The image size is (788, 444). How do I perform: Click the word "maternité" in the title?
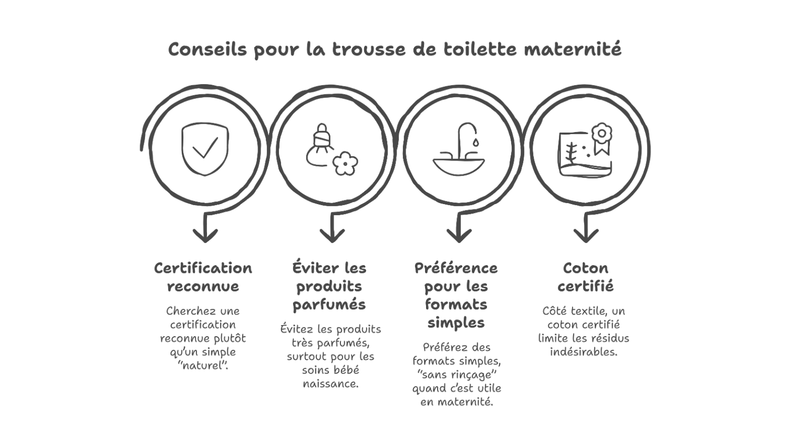point(573,49)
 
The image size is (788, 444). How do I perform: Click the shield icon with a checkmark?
point(205,149)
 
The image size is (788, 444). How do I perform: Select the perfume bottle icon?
point(319,145)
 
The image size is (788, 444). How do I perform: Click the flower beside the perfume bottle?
point(345,164)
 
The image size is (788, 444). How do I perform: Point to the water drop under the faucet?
point(475,143)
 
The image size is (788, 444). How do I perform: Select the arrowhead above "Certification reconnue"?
point(205,235)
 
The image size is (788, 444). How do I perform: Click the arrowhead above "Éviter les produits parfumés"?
point(332,235)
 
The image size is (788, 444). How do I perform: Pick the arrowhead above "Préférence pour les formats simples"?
point(459,235)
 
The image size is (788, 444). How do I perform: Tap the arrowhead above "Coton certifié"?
point(586,235)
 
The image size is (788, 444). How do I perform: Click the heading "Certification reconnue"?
point(203,277)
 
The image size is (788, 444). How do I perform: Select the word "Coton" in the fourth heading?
point(586,268)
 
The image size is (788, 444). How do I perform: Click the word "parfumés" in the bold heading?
point(329,305)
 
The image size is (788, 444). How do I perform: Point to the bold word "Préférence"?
point(456,268)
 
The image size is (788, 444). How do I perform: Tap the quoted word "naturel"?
point(203,366)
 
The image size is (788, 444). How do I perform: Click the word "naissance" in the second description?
point(330,384)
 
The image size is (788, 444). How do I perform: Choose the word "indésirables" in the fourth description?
point(584,352)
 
